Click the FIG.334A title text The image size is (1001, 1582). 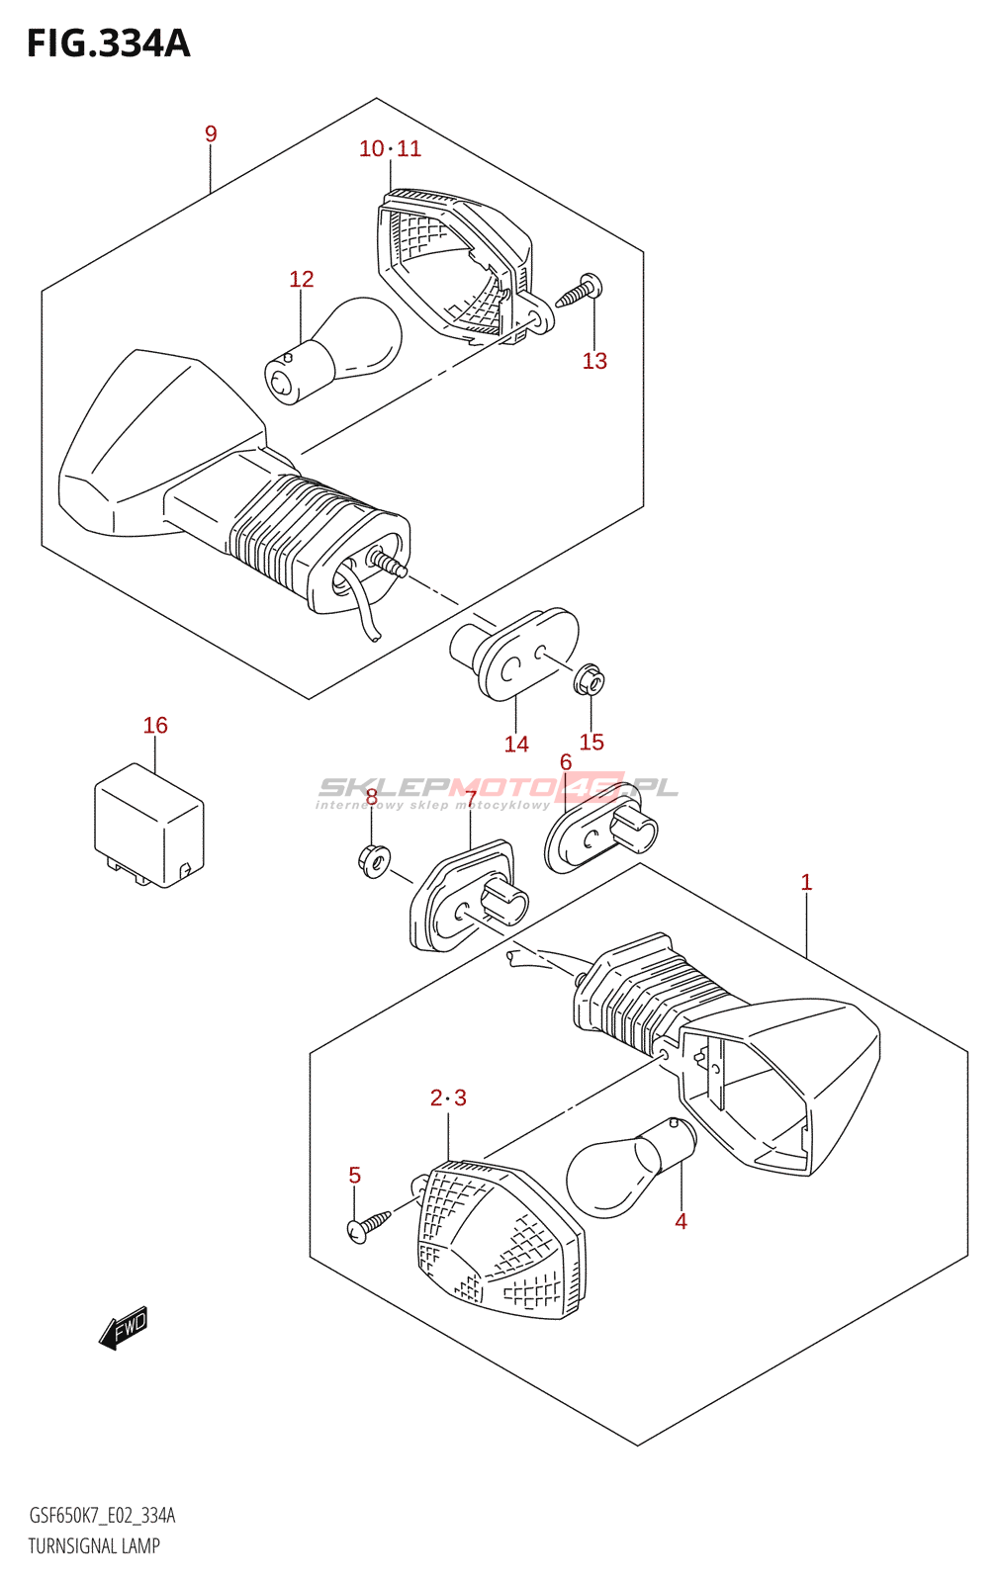(108, 44)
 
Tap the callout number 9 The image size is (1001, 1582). (211, 133)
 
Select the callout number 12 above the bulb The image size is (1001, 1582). (301, 279)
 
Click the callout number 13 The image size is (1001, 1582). (594, 361)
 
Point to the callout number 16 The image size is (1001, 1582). (155, 725)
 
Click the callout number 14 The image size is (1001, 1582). (516, 744)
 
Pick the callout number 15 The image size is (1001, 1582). (591, 742)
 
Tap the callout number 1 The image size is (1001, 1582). (806, 882)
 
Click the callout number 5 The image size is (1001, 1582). (355, 1176)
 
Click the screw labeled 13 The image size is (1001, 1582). (578, 291)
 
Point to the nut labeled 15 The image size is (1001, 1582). (590, 680)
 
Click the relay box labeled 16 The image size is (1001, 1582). (149, 826)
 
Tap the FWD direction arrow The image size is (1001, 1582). (125, 1328)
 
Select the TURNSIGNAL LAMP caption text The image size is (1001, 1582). (94, 1546)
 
